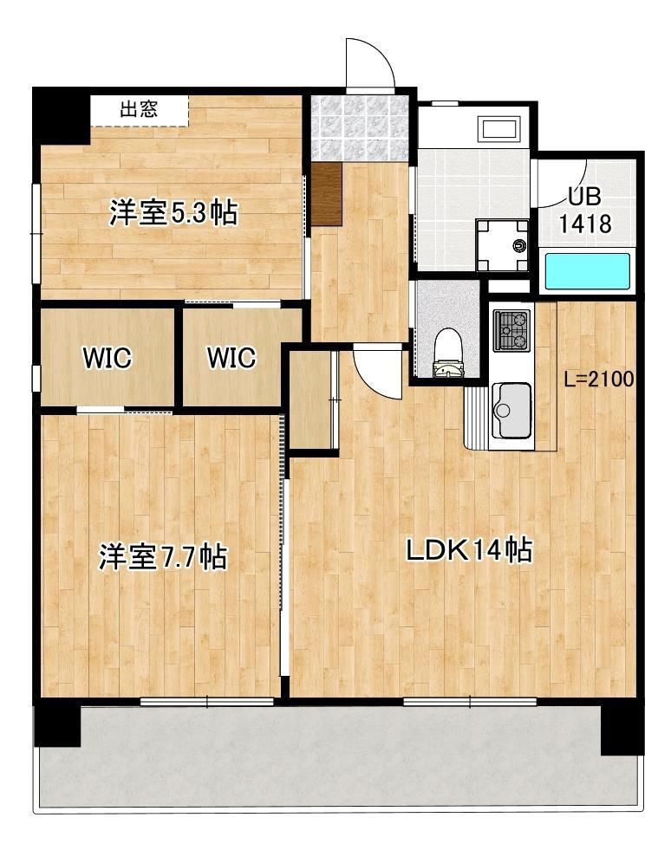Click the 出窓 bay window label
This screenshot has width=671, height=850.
tap(139, 109)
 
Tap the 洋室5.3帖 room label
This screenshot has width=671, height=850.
tap(173, 212)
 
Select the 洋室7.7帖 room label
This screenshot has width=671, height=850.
tap(162, 557)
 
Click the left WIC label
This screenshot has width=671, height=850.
tap(107, 358)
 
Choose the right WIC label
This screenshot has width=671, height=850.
tap(231, 358)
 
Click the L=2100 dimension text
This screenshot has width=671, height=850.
tap(599, 379)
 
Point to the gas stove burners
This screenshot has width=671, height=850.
tap(511, 327)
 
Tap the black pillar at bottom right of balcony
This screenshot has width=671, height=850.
tap(622, 728)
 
